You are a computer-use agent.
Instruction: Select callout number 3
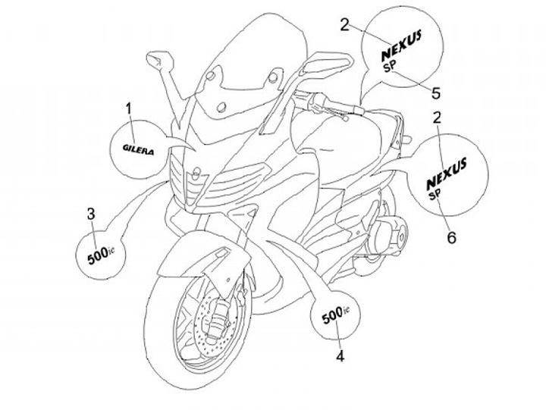91,214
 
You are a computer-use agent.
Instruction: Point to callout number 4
340,355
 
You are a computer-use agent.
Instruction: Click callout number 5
436,92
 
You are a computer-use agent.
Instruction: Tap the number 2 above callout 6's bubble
437,117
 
